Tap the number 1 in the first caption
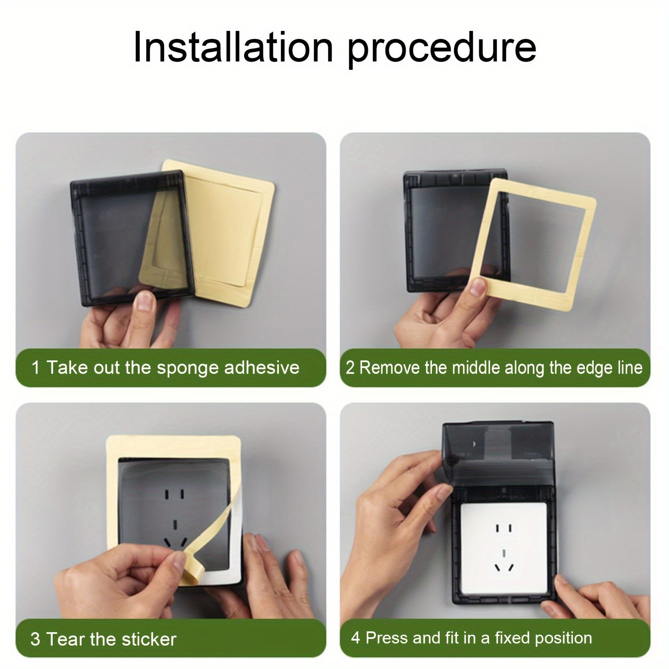36,368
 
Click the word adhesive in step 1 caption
262,368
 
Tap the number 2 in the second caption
350,368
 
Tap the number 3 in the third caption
36,640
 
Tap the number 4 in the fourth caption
355,638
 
